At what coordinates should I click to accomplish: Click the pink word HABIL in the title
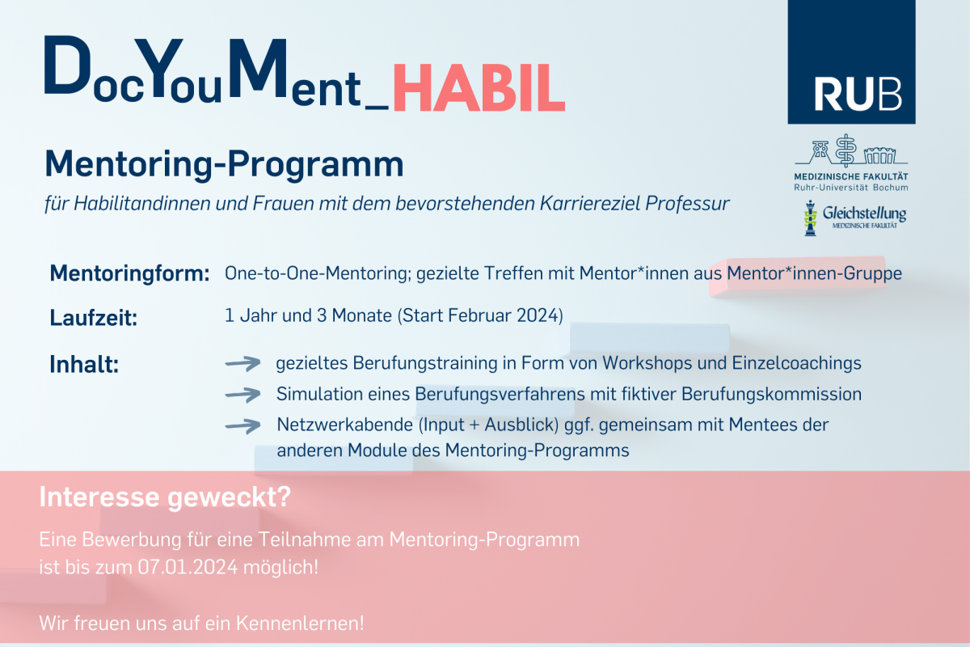(x=479, y=87)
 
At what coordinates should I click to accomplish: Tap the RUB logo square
(x=851, y=61)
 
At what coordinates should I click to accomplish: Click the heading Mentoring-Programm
(x=225, y=164)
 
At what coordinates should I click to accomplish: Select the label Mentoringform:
(x=130, y=273)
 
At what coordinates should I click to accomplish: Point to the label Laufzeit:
(x=94, y=318)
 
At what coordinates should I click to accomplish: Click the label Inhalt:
(x=84, y=364)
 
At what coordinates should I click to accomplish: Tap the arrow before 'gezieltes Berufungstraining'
(x=243, y=363)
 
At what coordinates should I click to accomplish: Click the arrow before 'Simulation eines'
(x=243, y=395)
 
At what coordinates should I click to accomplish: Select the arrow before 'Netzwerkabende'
(x=243, y=425)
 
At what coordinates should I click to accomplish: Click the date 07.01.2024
(x=188, y=567)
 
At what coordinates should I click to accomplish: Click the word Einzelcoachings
(x=796, y=363)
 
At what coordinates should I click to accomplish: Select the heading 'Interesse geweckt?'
(x=165, y=497)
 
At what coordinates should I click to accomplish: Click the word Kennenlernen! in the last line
(x=300, y=624)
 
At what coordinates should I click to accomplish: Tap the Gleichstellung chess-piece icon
(x=810, y=218)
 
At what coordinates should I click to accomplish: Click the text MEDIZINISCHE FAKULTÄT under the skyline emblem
(x=851, y=177)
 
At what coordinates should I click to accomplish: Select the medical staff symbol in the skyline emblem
(x=846, y=150)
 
